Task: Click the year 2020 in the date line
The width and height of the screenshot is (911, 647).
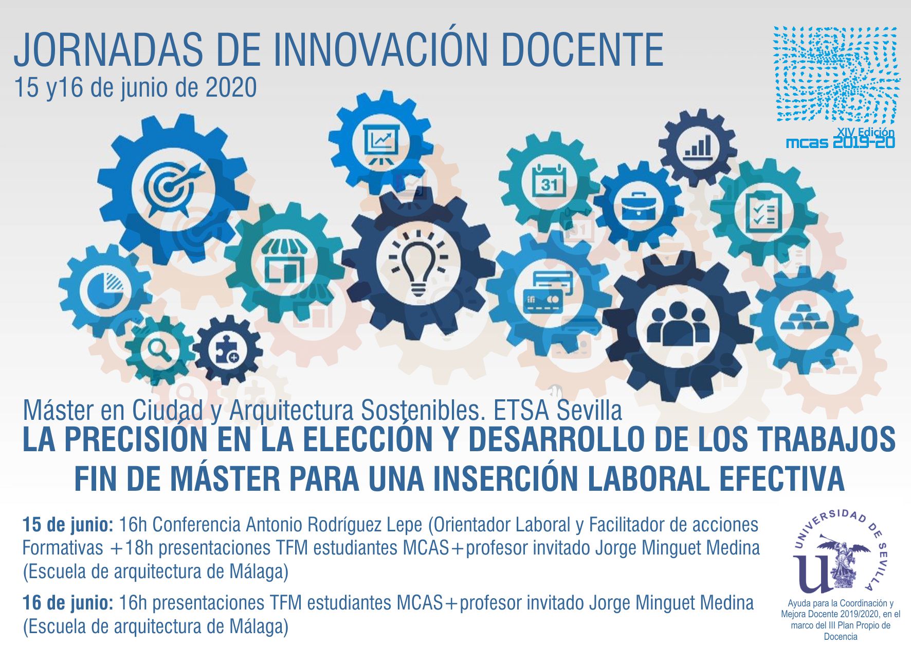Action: (x=231, y=88)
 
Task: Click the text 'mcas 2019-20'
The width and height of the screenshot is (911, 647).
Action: (x=841, y=142)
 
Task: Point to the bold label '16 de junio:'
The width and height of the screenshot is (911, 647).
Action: (x=68, y=603)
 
